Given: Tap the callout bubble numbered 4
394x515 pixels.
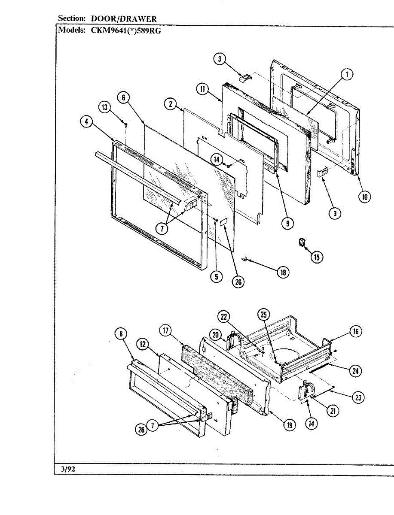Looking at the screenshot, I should pyautogui.click(x=87, y=121).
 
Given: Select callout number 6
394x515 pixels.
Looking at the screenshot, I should pyautogui.click(x=123, y=97).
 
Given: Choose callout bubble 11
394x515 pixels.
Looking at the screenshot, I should pyautogui.click(x=202, y=89).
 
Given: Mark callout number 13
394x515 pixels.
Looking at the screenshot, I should pyautogui.click(x=104, y=107).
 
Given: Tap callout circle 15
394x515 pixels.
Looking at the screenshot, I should pyautogui.click(x=317, y=257).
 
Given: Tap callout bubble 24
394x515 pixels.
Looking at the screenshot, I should pyautogui.click(x=354, y=371).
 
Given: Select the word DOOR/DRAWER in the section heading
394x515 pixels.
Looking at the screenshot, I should pyautogui.click(x=124, y=19).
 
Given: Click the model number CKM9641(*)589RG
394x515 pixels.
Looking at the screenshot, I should pyautogui.click(x=125, y=30).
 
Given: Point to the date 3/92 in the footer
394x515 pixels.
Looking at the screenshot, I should pyautogui.click(x=68, y=469).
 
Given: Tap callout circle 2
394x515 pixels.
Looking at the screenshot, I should pyautogui.click(x=171, y=103).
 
